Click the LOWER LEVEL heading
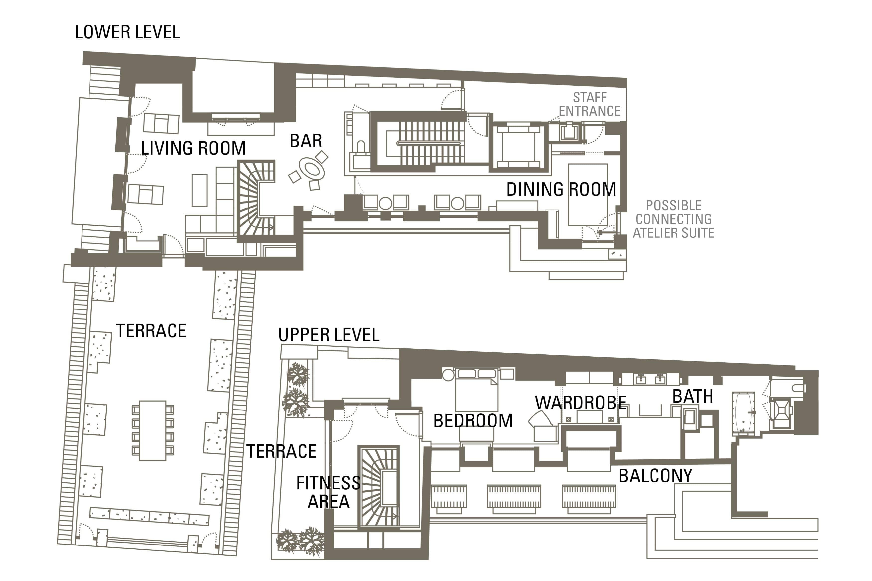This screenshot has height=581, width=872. point(128,32)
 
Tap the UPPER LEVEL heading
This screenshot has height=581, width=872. point(329,335)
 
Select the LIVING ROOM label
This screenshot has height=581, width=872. point(193,148)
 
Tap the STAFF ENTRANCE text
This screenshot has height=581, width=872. point(590,104)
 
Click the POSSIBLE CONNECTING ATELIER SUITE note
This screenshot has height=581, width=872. point(673,219)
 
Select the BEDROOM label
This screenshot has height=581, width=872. point(473,421)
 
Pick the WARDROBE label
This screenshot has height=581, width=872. point(580,403)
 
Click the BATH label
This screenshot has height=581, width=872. point(693,396)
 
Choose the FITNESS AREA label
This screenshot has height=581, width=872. point(328,492)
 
